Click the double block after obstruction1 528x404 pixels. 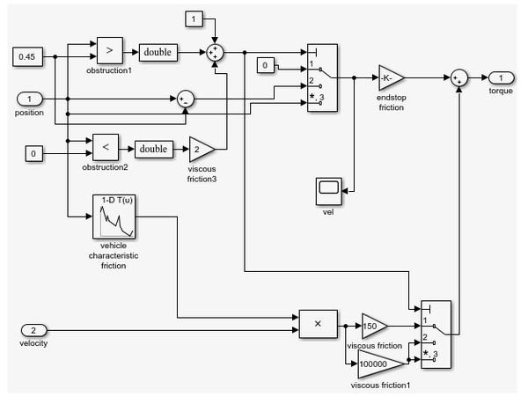(158, 53)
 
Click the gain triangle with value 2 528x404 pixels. (201, 149)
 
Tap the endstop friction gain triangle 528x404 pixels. (390, 78)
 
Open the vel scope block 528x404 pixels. (328, 188)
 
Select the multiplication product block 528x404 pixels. (318, 324)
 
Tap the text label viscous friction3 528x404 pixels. (203, 173)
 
